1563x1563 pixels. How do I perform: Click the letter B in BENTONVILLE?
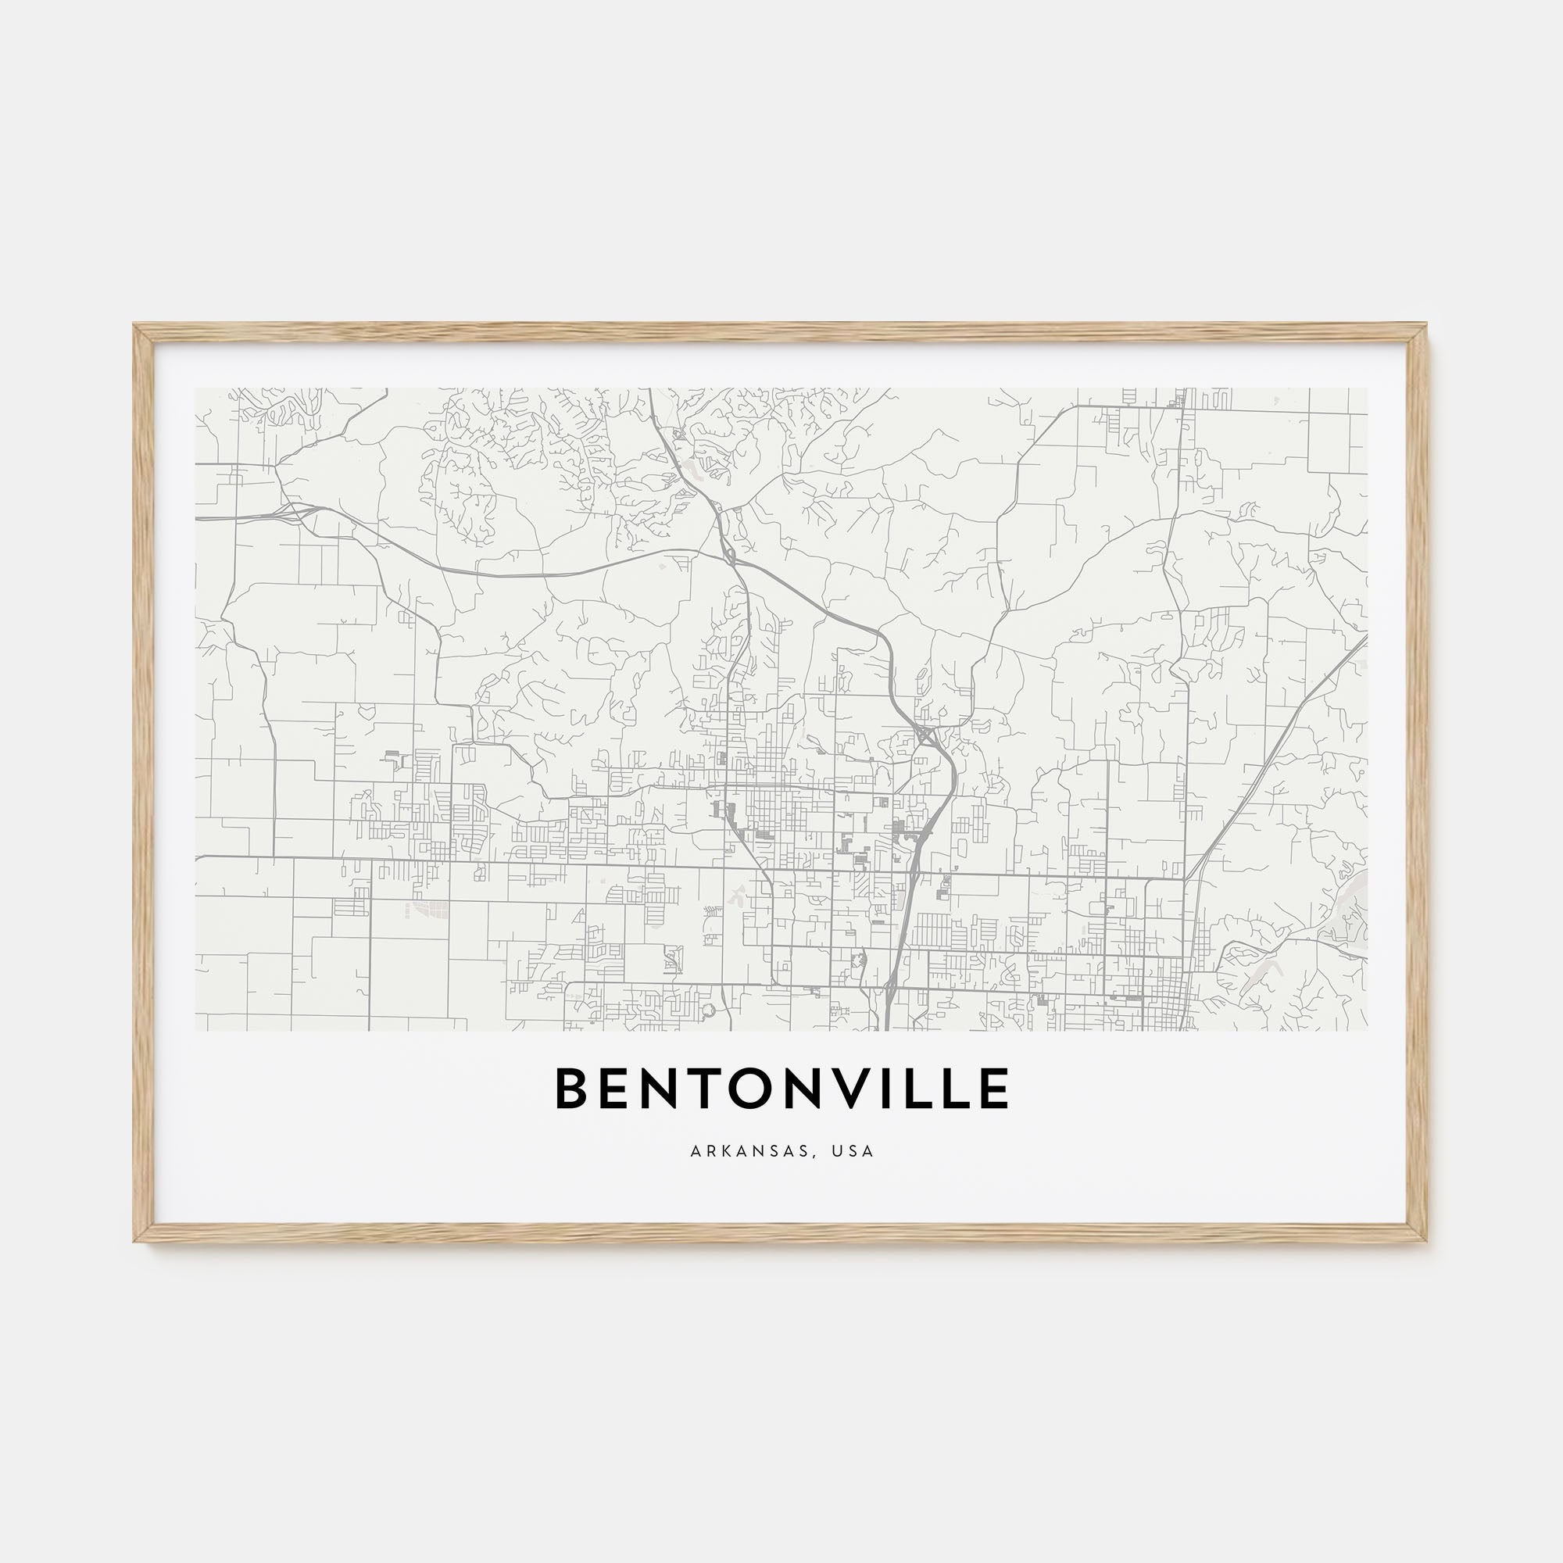pos(573,1088)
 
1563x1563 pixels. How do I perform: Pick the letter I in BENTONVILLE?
pos(884,1088)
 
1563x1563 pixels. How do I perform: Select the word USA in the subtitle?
pos(857,1151)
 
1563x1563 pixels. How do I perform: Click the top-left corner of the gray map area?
pos(196,388)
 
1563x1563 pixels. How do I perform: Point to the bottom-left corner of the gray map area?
pos(196,1031)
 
